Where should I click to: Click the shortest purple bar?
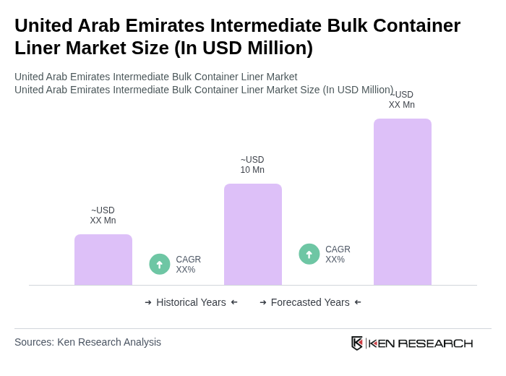pyautogui.click(x=103, y=260)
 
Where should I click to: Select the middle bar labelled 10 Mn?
pyautogui.click(x=253, y=234)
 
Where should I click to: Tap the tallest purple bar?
pyautogui.click(x=403, y=202)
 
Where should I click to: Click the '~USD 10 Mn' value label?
pyautogui.click(x=252, y=165)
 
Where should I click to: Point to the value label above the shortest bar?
pyautogui.click(x=103, y=215)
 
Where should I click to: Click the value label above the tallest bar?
pyautogui.click(x=402, y=100)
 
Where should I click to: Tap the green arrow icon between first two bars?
pyautogui.click(x=160, y=264)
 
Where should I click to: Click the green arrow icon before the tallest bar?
pyautogui.click(x=309, y=254)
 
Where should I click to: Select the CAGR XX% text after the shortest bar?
pyautogui.click(x=189, y=265)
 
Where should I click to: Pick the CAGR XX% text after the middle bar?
pyautogui.click(x=338, y=255)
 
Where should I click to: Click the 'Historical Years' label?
pyautogui.click(x=191, y=302)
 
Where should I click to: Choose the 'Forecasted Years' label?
pyautogui.click(x=310, y=302)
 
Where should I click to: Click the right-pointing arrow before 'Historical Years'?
pyautogui.click(x=148, y=302)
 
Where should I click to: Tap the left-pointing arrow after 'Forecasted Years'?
pyautogui.click(x=358, y=302)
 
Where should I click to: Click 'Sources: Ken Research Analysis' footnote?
pyautogui.click(x=87, y=342)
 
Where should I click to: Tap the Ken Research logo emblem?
pyautogui.click(x=357, y=343)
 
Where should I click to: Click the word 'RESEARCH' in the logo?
pyautogui.click(x=435, y=343)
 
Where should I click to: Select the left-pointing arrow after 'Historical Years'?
pyautogui.click(x=234, y=302)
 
